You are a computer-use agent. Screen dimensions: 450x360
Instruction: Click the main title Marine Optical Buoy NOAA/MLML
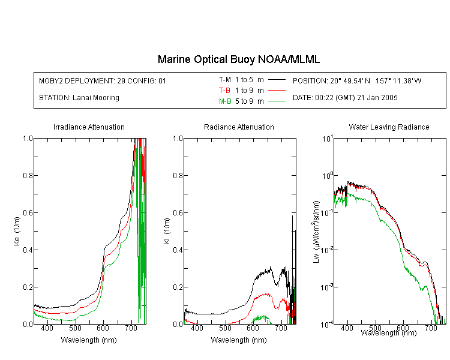(x=238, y=59)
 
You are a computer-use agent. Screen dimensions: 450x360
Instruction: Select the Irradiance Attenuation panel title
(x=89, y=127)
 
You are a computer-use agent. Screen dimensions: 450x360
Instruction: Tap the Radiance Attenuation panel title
(x=239, y=127)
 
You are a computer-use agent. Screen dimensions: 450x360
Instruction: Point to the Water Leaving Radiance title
(x=389, y=127)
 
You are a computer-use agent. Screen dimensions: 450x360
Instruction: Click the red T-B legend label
(x=224, y=91)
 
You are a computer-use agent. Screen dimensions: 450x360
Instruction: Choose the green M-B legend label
(x=225, y=101)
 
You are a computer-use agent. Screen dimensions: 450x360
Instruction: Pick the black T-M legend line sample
(x=277, y=80)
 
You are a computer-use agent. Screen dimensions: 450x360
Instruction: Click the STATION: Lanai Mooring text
(x=79, y=98)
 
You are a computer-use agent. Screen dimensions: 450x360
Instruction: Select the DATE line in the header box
(x=345, y=98)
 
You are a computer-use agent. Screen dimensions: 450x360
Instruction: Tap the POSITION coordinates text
(x=357, y=80)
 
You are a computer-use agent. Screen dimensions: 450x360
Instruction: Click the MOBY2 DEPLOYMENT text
(x=103, y=80)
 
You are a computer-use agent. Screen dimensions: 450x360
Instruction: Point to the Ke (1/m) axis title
(x=17, y=231)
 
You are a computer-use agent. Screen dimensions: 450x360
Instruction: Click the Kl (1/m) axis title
(x=166, y=231)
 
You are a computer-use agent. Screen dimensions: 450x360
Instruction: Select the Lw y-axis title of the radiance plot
(x=316, y=232)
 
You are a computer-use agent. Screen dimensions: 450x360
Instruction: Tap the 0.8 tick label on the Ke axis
(x=28, y=175)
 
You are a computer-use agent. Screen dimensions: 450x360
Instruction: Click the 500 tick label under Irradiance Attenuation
(x=75, y=328)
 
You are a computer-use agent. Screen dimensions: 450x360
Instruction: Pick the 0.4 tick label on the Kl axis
(x=178, y=250)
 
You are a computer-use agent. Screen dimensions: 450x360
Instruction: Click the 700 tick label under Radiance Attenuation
(x=281, y=328)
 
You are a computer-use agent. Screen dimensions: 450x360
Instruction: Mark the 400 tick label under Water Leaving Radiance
(x=347, y=328)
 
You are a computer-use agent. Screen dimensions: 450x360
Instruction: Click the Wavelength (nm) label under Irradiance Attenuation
(x=89, y=340)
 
